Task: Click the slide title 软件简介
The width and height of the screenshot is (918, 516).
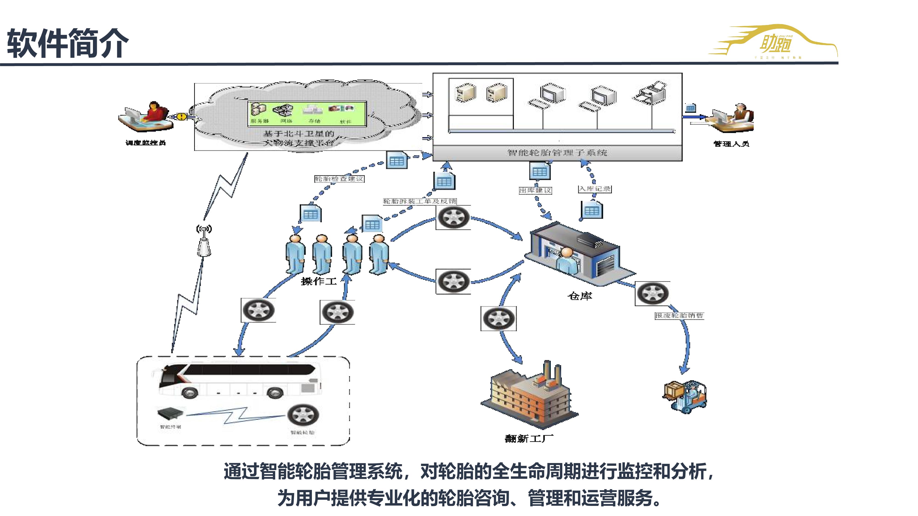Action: [x=68, y=43]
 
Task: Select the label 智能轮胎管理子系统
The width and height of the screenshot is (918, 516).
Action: [x=557, y=153]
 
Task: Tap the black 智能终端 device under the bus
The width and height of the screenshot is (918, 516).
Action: [x=170, y=413]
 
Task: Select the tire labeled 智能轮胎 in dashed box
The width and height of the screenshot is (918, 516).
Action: [x=303, y=415]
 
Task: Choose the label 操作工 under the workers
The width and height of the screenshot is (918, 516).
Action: [x=318, y=281]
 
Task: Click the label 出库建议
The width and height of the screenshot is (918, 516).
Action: [x=535, y=191]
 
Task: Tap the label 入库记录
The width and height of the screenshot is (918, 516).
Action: [x=594, y=189]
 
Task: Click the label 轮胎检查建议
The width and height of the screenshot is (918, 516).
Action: [x=339, y=179]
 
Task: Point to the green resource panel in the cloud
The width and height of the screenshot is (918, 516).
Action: [x=307, y=114]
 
